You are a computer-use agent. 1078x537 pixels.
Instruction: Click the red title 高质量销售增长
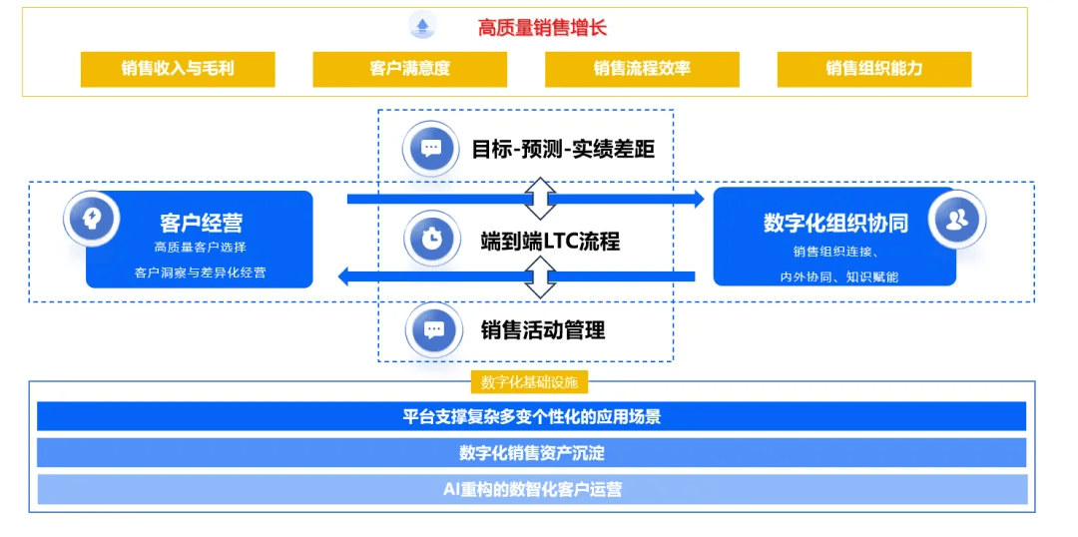point(542,28)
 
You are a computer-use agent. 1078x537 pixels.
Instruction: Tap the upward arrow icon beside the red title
point(423,26)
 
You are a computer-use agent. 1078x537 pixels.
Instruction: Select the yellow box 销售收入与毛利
point(178,69)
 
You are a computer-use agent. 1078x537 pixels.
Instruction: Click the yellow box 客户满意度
point(410,69)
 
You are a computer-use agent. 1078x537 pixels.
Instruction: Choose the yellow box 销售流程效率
point(642,69)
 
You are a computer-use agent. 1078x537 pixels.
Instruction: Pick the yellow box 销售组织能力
point(874,69)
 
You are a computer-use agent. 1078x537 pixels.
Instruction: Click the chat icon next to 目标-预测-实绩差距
point(431,148)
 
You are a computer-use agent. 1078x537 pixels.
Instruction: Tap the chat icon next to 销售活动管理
point(433,330)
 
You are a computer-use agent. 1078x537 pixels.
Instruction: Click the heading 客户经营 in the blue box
point(202,223)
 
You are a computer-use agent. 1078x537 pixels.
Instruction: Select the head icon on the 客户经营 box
point(92,219)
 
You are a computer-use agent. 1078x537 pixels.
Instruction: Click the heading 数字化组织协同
point(835,223)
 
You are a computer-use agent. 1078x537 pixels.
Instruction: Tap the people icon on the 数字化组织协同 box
point(957,220)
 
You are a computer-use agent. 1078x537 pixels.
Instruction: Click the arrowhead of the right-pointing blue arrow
point(699,200)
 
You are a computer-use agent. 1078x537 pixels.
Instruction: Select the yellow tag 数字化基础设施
point(529,383)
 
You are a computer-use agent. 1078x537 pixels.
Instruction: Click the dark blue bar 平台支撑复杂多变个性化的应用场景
point(531,416)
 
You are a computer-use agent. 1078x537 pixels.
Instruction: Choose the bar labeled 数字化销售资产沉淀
point(531,453)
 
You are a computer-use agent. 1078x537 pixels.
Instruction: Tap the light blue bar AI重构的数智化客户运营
point(531,489)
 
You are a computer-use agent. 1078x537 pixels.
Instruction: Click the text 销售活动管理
point(543,330)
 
